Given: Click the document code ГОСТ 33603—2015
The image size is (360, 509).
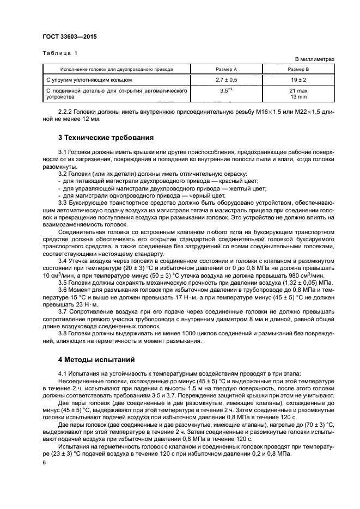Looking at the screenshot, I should coord(66,38).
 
